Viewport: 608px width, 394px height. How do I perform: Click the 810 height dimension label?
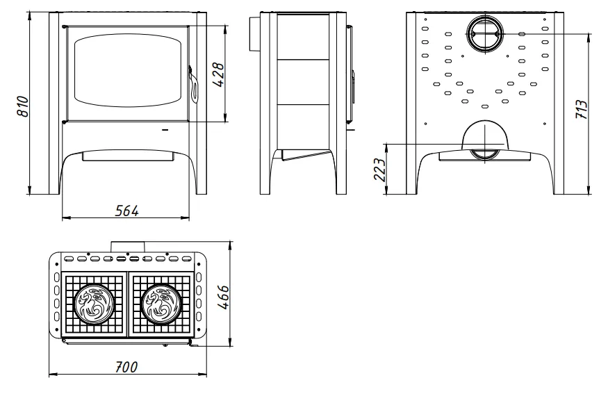pos(23,106)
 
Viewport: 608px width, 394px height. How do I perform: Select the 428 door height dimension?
pos(218,74)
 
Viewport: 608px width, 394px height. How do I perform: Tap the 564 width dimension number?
pos(126,211)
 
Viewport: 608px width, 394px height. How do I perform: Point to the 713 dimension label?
pos(582,109)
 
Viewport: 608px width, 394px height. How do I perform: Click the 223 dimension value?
pos(379,170)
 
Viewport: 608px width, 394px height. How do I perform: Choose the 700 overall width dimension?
pos(126,367)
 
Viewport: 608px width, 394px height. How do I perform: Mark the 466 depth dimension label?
pos(223,297)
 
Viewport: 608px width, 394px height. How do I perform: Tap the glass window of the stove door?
pos(128,70)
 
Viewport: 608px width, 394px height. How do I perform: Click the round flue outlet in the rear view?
pos(485,34)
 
